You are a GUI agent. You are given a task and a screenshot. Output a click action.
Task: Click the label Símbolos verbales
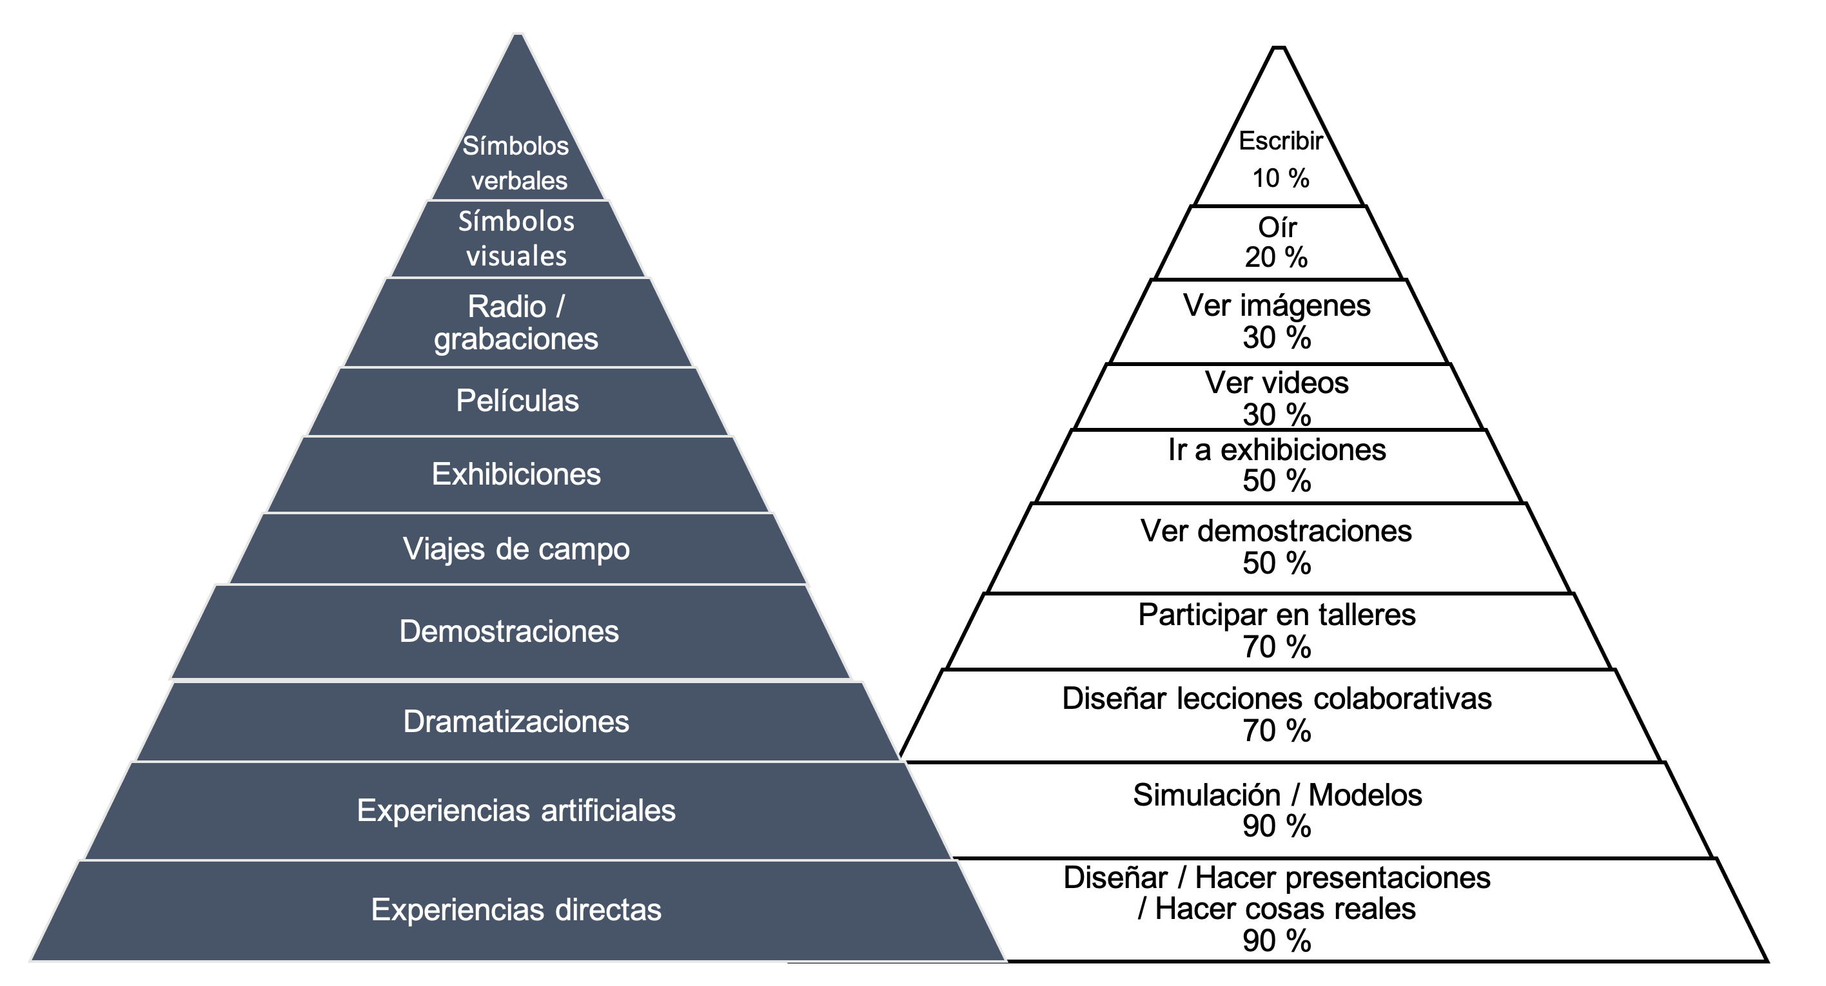click(516, 163)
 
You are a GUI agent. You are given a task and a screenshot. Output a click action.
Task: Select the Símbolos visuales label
click(516, 238)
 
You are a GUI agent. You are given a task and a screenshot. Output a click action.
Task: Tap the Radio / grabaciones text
click(516, 322)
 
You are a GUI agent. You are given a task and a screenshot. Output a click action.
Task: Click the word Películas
click(518, 401)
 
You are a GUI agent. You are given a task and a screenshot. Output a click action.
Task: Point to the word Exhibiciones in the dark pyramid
click(516, 474)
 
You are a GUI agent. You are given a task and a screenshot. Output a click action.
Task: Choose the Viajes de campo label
click(516, 549)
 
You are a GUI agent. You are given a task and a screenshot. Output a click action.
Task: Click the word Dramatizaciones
click(516, 722)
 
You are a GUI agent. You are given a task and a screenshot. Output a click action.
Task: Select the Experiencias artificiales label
click(516, 810)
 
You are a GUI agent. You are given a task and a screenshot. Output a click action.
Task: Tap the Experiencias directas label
click(516, 909)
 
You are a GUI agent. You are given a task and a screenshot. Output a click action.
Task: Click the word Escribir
click(1280, 141)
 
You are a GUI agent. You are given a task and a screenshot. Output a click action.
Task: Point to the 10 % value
click(1280, 179)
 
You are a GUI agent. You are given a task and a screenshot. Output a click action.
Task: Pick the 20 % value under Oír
click(1276, 257)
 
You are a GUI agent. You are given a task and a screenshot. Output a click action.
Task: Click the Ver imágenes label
click(1277, 305)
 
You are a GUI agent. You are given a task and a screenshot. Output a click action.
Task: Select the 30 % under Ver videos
click(1277, 414)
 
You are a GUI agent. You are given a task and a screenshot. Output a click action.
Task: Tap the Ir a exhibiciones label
click(1277, 450)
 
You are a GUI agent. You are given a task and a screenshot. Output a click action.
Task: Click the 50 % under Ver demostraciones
click(1277, 563)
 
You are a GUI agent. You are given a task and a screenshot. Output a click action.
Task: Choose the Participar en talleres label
click(1277, 614)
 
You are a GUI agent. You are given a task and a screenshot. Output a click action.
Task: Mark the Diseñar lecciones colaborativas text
click(1277, 699)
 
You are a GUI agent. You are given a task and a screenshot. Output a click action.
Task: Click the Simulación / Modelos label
click(1277, 795)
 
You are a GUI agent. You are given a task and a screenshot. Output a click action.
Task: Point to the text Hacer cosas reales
click(1284, 909)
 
